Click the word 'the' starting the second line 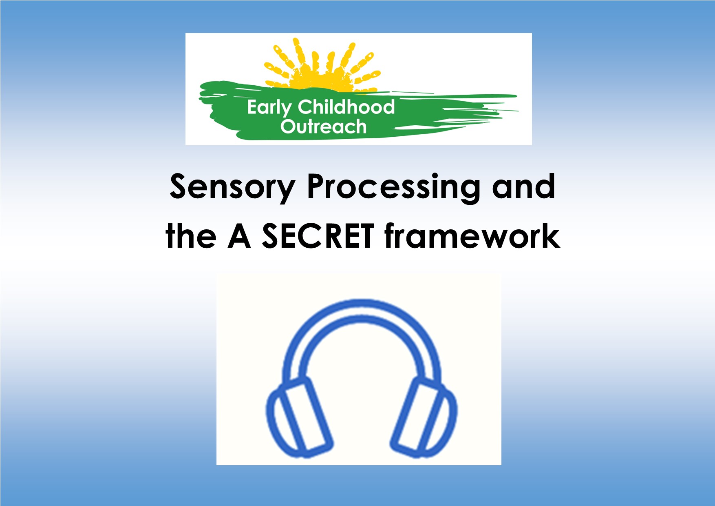pos(191,237)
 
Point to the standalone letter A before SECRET pos(239,237)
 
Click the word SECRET pos(318,237)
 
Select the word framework pos(472,237)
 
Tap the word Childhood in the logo pos(346,107)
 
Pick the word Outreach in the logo pos(323,126)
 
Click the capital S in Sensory pos(180,187)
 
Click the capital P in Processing pos(317,187)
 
